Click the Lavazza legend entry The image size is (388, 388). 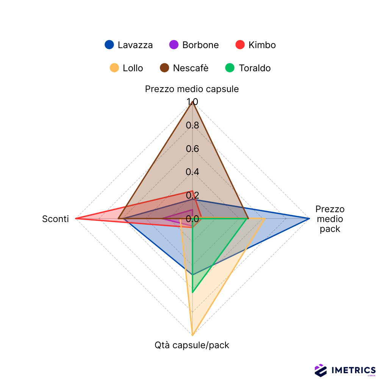[x=129, y=45]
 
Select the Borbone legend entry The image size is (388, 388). [x=194, y=45]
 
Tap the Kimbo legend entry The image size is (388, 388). [x=256, y=45]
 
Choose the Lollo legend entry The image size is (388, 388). [x=127, y=68]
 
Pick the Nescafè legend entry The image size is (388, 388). [x=184, y=68]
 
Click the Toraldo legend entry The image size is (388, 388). [x=248, y=68]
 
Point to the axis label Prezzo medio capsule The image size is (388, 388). [x=192, y=89]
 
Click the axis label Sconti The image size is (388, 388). [x=55, y=219]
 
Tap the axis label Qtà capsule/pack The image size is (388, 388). [x=192, y=345]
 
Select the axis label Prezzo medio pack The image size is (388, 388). [x=330, y=219]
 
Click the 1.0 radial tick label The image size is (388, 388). [x=192, y=102]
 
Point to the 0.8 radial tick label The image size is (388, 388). [x=192, y=125]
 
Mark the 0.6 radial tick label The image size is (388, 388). [x=192, y=149]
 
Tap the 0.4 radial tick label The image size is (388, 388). [x=192, y=172]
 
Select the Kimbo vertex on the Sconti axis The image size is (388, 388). [x=76, y=219]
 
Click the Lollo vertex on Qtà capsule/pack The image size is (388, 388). [x=192, y=335]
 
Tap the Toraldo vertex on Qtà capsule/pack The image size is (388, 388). [x=192, y=292]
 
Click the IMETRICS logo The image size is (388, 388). [x=345, y=370]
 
